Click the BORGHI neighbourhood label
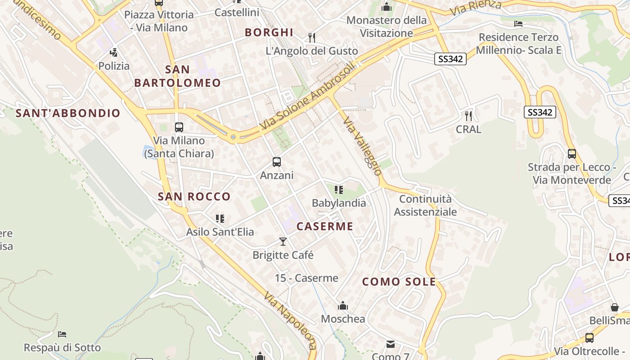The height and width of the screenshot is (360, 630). (x=269, y=32)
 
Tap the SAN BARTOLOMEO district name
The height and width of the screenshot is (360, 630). (x=177, y=76)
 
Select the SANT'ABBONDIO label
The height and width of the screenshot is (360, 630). (x=68, y=113)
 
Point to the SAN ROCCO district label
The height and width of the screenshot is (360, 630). (x=194, y=197)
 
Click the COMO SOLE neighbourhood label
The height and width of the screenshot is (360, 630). (x=399, y=282)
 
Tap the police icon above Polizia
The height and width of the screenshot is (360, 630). (x=114, y=52)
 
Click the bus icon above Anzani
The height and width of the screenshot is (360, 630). (x=277, y=162)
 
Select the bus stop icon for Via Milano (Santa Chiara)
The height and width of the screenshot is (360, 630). (x=179, y=127)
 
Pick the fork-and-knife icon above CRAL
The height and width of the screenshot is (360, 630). (x=468, y=116)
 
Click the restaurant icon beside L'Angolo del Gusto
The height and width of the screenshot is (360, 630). (x=311, y=37)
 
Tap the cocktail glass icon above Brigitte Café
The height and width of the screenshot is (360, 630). (x=283, y=242)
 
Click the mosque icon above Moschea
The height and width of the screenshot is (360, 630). (x=343, y=306)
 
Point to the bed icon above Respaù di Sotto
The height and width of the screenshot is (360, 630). (x=62, y=334)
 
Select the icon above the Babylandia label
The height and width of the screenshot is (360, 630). (x=339, y=190)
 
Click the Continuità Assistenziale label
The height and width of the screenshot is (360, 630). (x=425, y=205)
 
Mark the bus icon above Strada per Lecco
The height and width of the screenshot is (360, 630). (x=571, y=154)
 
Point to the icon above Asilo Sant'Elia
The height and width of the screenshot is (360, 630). (x=220, y=219)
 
